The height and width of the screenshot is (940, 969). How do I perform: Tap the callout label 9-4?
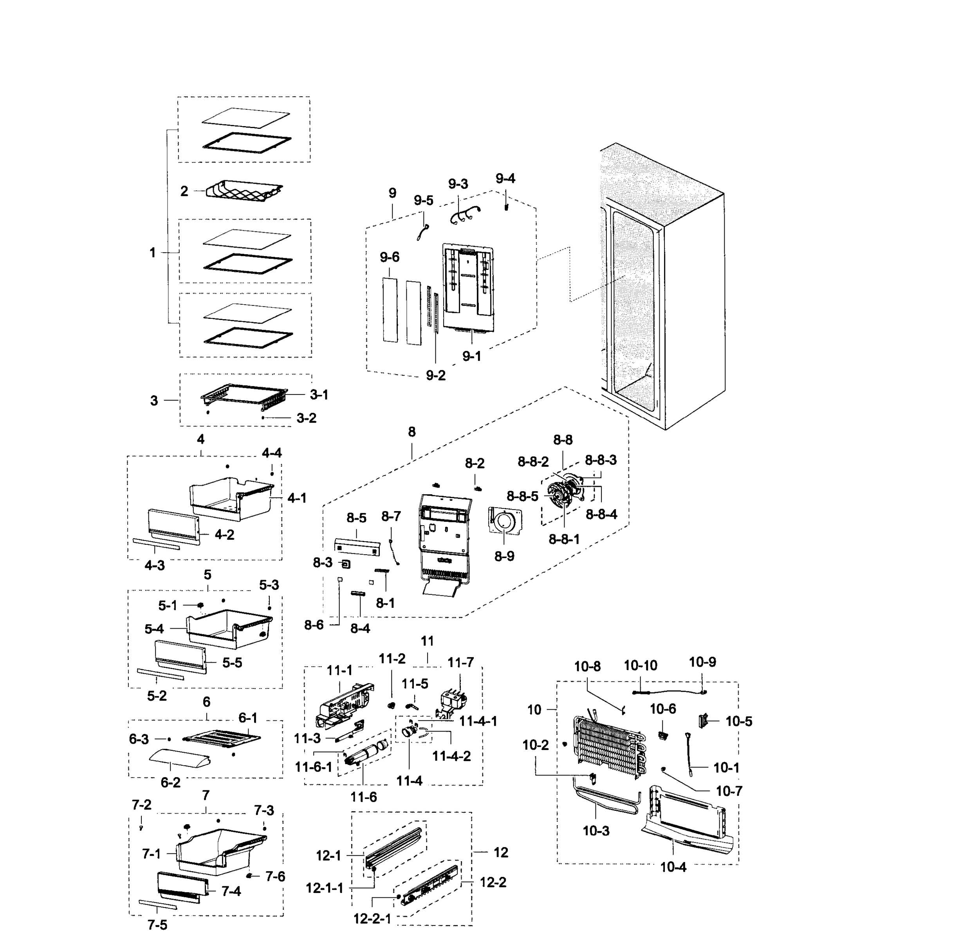(505, 179)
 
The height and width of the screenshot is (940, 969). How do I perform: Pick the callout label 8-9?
(504, 556)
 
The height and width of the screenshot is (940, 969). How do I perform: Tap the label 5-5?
(232, 663)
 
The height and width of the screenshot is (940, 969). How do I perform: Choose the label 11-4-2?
(451, 756)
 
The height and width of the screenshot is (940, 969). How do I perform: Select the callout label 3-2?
(307, 418)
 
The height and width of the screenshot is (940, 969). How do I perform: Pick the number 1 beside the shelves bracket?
(153, 253)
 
